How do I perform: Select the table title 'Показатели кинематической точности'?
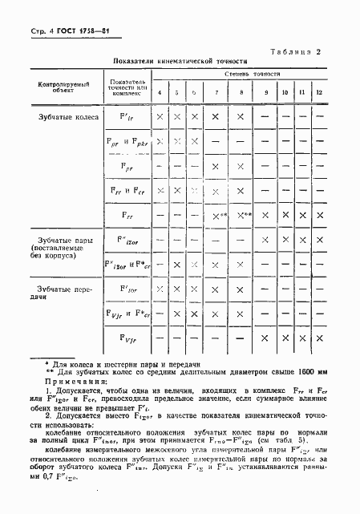[x=180, y=61]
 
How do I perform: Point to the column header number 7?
[x=215, y=93]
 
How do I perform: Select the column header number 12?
[x=320, y=93]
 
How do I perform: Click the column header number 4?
[x=160, y=93]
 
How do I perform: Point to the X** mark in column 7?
[x=217, y=215]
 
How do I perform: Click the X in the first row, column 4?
[x=160, y=117]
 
